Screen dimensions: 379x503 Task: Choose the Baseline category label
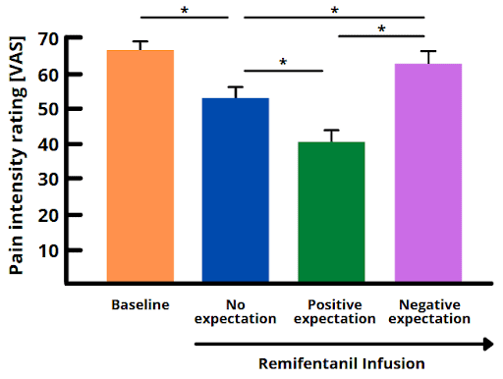140,303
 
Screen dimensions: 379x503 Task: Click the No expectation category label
236,310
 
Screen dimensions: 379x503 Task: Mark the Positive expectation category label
334,310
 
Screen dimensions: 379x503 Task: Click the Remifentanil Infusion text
342,363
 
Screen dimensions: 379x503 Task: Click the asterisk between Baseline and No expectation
186,12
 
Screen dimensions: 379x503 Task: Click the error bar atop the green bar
331,135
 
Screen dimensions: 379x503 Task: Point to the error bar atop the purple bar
427,57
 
